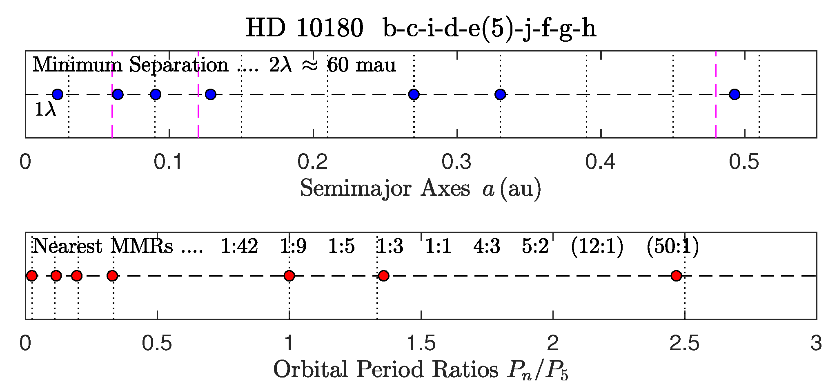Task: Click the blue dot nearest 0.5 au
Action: point(735,94)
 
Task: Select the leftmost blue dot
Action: point(58,94)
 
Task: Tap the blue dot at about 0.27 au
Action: point(414,94)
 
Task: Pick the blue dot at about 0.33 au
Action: point(500,94)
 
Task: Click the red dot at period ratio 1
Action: point(289,276)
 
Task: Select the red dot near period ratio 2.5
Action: point(676,276)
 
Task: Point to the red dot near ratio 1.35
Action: point(383,276)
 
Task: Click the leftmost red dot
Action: point(32,276)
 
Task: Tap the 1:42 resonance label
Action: point(239,246)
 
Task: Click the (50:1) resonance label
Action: point(672,246)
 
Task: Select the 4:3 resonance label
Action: point(487,246)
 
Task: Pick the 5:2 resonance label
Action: point(535,246)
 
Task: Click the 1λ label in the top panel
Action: point(45,109)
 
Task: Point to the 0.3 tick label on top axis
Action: point(456,162)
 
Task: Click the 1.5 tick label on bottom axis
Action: point(421,343)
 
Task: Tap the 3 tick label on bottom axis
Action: point(816,343)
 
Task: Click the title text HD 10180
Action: point(304,29)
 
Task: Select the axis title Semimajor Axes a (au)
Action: point(421,189)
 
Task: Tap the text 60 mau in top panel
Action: point(362,65)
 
